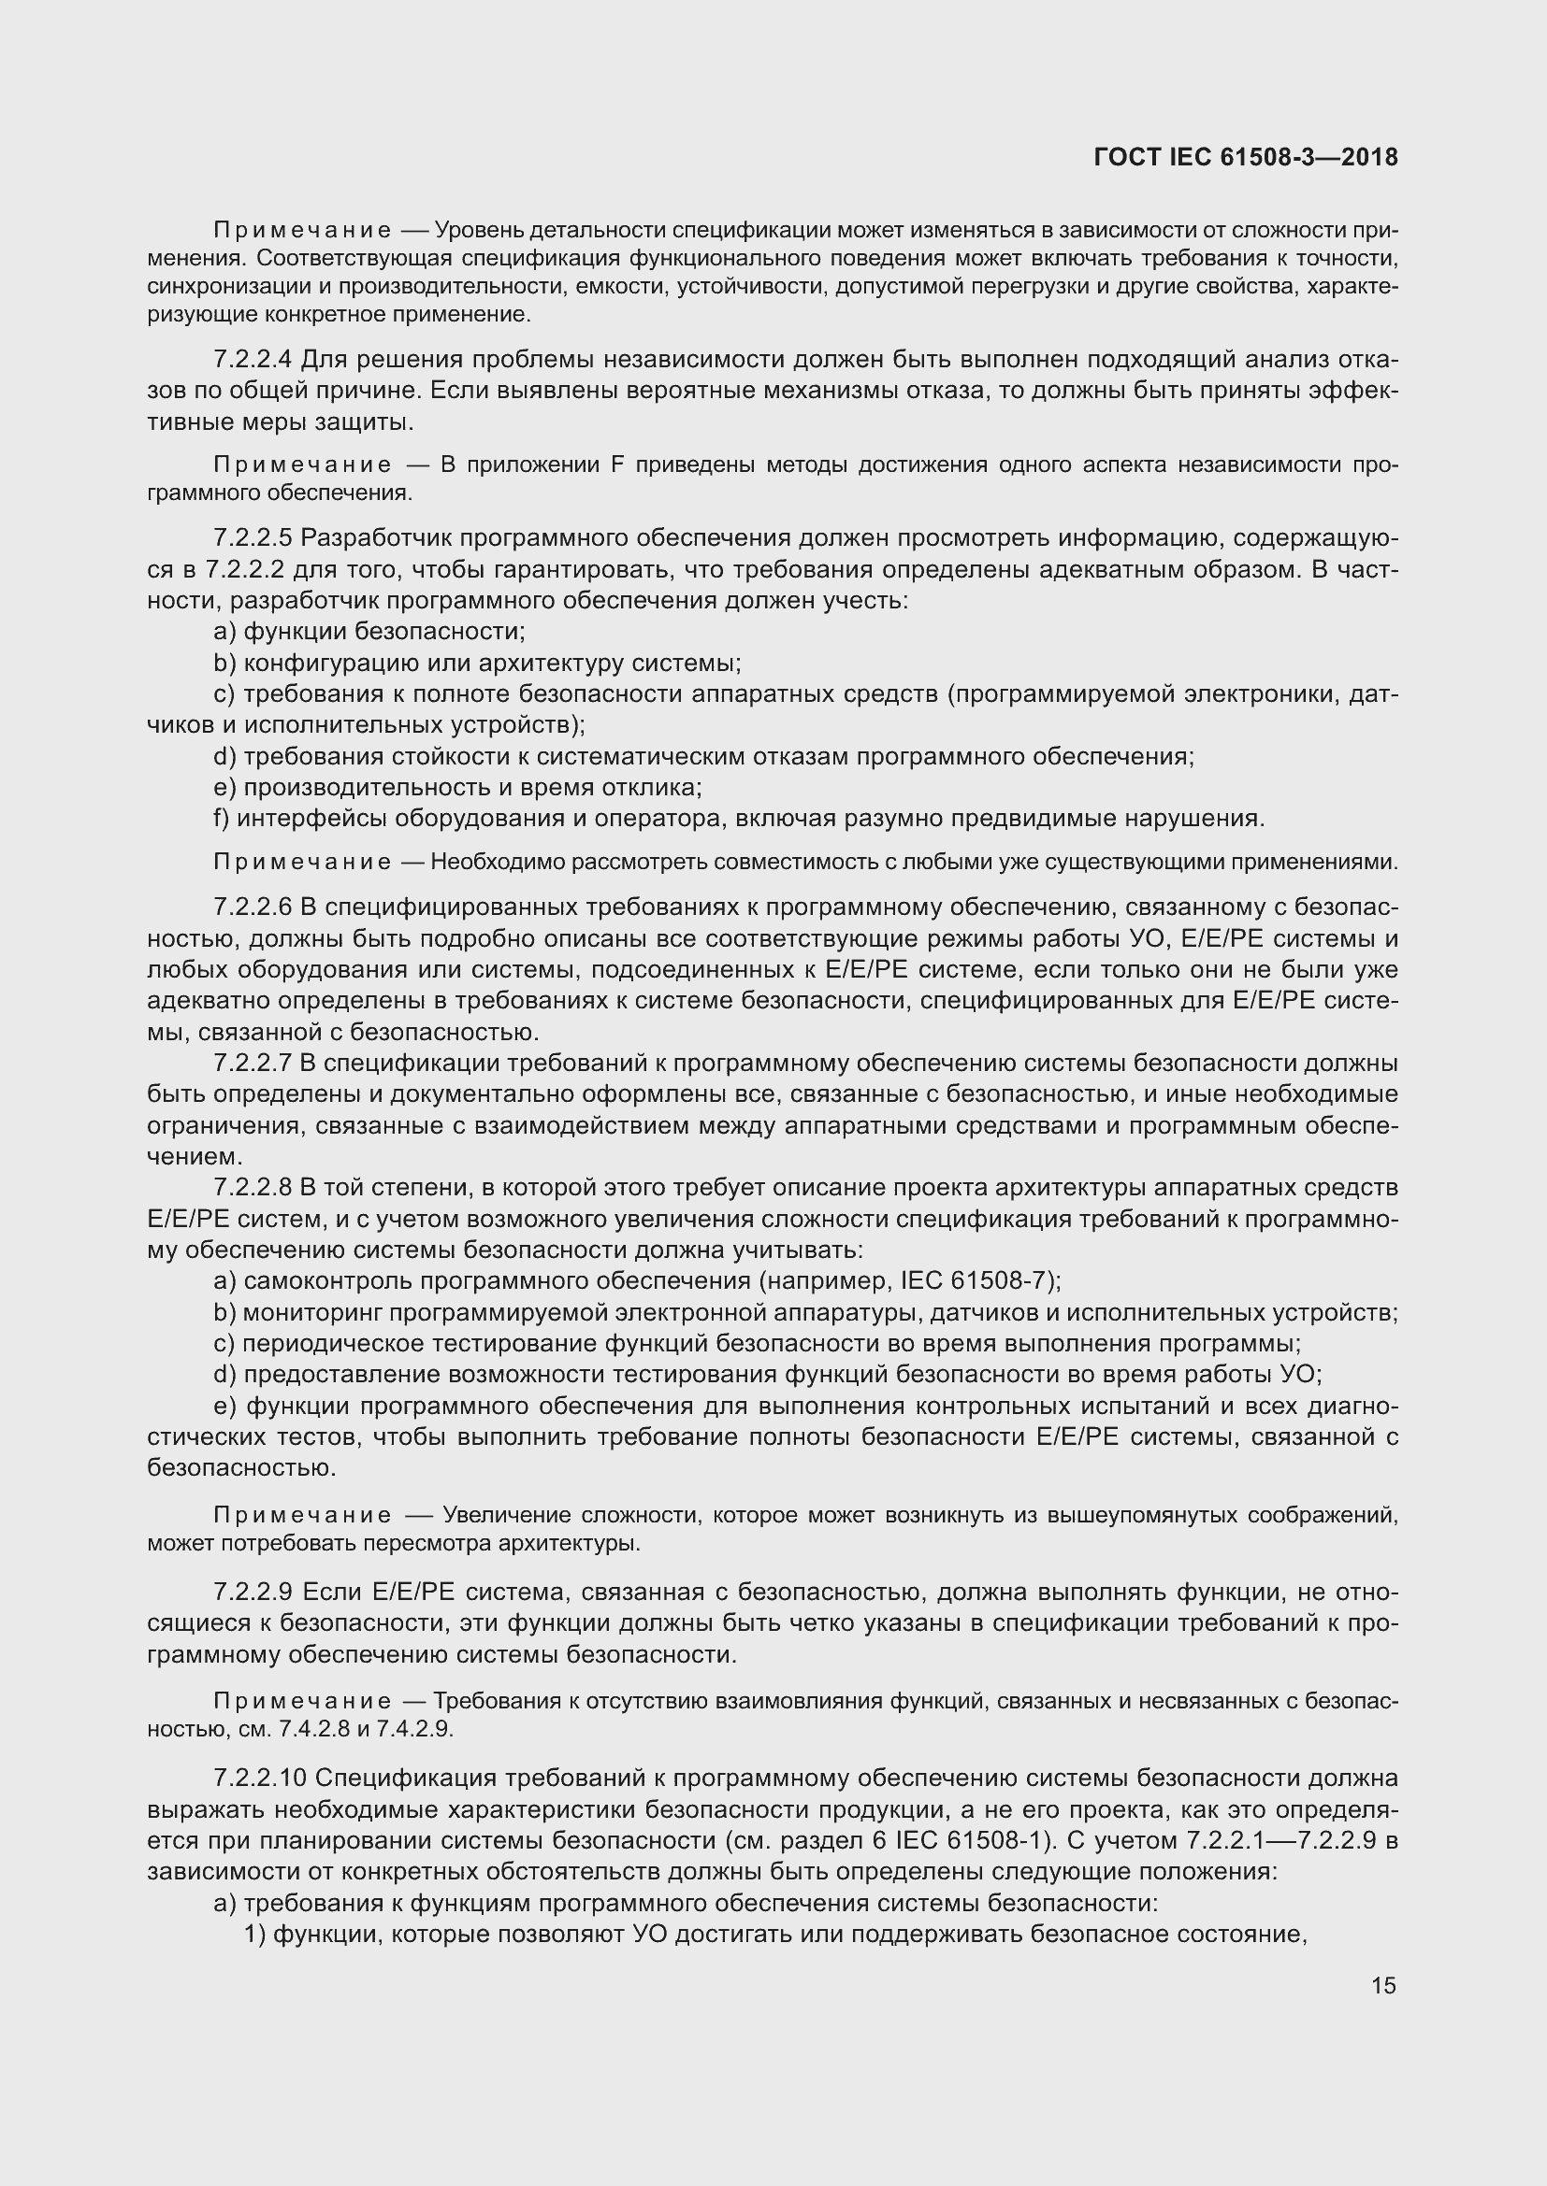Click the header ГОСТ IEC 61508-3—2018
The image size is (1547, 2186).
click(x=1246, y=157)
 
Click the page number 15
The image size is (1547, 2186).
click(x=1383, y=1985)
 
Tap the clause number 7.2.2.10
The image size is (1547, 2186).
click(x=260, y=1779)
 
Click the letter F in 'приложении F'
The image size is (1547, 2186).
click(x=615, y=464)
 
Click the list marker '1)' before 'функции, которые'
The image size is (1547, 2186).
click(x=254, y=1934)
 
